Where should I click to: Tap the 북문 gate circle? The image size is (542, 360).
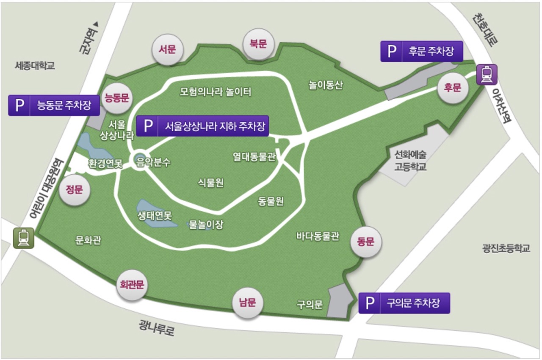click(x=258, y=44)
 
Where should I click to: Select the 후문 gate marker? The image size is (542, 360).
click(x=452, y=88)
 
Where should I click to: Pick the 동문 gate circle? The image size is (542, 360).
click(x=366, y=242)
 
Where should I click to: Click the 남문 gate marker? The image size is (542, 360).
click(x=248, y=303)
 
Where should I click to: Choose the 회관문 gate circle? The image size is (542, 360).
click(x=130, y=285)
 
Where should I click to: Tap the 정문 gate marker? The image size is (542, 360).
click(x=75, y=190)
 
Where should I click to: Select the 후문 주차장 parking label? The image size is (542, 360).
click(x=421, y=51)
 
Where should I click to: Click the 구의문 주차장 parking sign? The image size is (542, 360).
click(x=404, y=303)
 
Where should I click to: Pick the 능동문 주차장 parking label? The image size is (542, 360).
click(x=54, y=105)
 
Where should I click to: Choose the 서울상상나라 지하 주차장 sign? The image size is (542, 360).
click(x=203, y=126)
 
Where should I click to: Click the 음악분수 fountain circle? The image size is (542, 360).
click(x=140, y=161)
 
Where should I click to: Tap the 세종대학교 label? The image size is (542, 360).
click(x=35, y=66)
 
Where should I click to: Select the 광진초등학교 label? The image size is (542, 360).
click(x=506, y=248)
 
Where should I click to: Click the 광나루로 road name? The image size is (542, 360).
click(x=156, y=327)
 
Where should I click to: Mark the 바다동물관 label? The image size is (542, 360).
click(x=318, y=236)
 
